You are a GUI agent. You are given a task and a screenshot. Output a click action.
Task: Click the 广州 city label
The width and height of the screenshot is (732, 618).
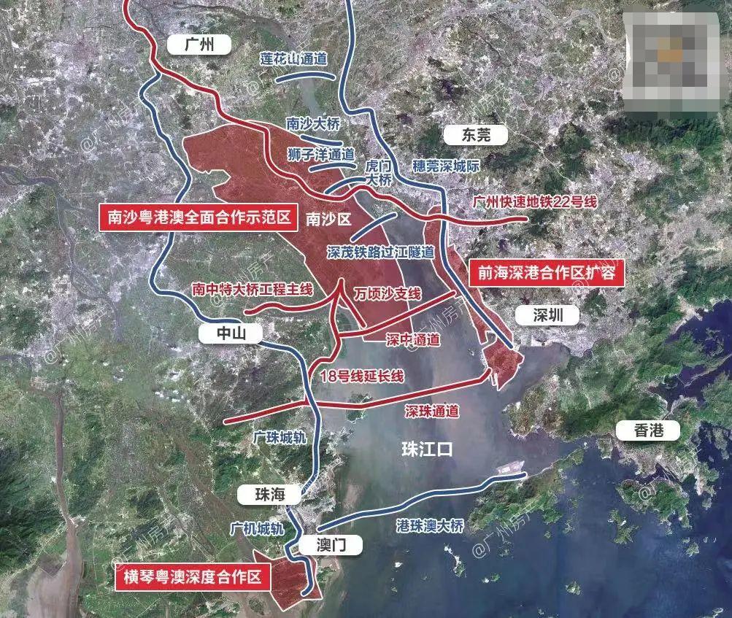[199, 45]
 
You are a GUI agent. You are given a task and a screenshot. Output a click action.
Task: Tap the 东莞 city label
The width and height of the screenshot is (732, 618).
[475, 135]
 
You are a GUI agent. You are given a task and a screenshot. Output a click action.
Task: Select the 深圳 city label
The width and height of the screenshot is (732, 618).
[547, 316]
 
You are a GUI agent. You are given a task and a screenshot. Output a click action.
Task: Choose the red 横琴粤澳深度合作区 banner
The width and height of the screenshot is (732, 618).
[192, 577]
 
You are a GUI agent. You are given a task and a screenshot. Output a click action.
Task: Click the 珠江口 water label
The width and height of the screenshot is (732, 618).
[427, 449]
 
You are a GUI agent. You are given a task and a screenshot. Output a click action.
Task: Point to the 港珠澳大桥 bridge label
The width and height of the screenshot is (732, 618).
[429, 525]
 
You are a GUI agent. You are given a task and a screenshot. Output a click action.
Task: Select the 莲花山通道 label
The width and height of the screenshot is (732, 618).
[293, 58]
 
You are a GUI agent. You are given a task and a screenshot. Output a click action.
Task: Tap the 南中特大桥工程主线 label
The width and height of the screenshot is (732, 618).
[252, 290]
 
